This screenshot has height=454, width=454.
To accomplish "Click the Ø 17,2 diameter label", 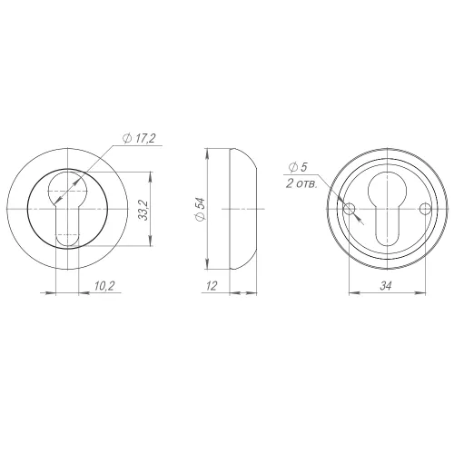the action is (139, 139).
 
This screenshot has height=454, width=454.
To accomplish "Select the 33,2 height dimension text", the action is (144, 210).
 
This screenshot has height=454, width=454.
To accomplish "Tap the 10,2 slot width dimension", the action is (104, 286).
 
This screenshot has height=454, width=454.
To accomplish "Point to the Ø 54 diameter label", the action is (201, 210).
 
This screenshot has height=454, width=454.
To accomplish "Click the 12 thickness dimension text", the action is (212, 286).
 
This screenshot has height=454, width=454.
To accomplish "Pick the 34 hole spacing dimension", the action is (386, 286).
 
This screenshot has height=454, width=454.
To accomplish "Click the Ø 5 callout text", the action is (298, 167).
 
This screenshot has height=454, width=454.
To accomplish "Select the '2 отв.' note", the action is (301, 183).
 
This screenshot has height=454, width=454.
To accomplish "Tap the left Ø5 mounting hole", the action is (349, 209).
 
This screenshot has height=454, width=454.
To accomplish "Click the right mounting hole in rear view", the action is (425, 209).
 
